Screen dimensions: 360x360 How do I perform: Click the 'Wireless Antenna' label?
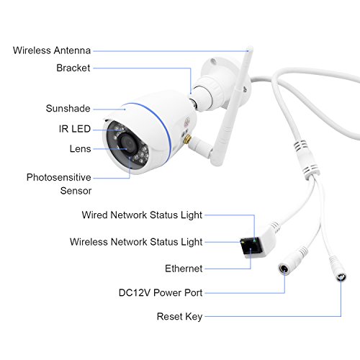pyautogui.click(x=52, y=50)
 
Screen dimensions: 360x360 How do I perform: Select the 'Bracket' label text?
pyautogui.click(x=73, y=68)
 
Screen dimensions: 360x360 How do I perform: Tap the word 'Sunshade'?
pyautogui.click(x=68, y=109)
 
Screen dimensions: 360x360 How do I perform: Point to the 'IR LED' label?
pyautogui.click(x=75, y=129)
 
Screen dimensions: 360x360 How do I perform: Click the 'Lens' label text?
pyautogui.click(x=80, y=149)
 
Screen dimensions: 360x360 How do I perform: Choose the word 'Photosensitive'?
pyautogui.click(x=59, y=177)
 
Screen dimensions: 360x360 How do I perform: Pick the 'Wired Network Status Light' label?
pyautogui.click(x=142, y=215)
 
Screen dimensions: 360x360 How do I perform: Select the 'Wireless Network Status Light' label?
pyautogui.click(x=136, y=242)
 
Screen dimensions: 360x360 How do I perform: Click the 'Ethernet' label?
pyautogui.click(x=184, y=269)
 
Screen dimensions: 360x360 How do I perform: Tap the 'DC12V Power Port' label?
pyautogui.click(x=161, y=293)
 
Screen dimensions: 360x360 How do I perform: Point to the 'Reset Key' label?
pyautogui.click(x=179, y=317)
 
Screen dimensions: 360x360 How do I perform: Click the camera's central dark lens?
pyautogui.click(x=128, y=144)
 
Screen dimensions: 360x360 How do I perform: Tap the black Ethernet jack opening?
pyautogui.click(x=251, y=248)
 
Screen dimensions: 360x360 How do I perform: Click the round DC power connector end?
pyautogui.click(x=284, y=269)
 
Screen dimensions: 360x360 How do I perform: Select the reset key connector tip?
pyautogui.click(x=341, y=277)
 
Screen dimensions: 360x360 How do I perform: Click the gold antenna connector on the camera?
pyautogui.click(x=187, y=139)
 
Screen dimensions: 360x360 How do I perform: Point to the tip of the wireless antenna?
pyautogui.click(x=250, y=48)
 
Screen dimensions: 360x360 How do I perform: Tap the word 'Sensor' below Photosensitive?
pyautogui.click(x=76, y=191)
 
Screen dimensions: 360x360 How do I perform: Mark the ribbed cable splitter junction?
pyautogui.click(x=306, y=159)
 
